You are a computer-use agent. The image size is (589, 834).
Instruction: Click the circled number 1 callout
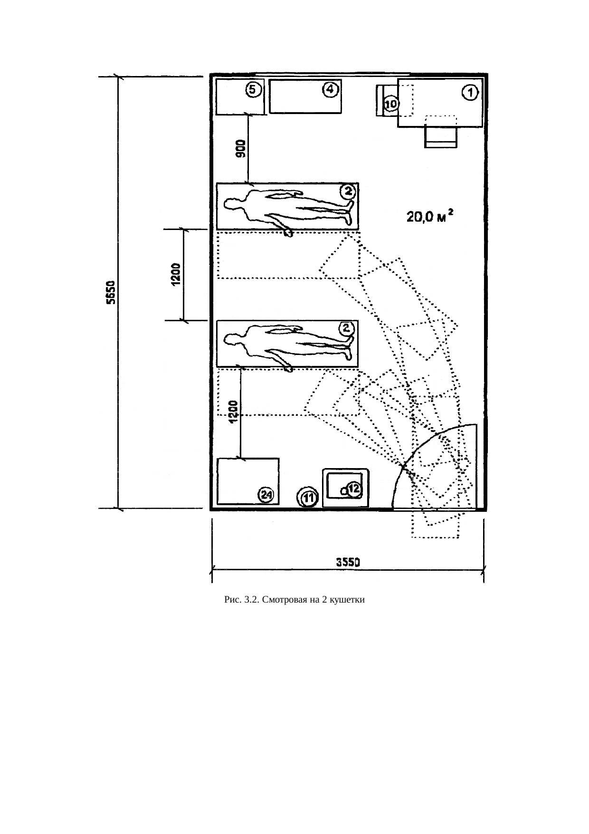470,93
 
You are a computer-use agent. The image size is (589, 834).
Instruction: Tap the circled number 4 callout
331,89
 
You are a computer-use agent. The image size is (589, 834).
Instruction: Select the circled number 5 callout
253,89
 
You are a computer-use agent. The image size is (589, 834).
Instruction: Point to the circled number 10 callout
391,103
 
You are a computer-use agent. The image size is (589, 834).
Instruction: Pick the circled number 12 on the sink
354,489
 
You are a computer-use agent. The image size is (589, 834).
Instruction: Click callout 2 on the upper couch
348,191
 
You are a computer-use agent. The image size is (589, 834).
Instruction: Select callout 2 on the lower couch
347,327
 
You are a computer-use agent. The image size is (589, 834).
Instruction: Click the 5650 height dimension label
110,294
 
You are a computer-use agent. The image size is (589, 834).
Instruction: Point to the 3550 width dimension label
348,562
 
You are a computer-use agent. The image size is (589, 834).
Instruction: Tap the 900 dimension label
241,149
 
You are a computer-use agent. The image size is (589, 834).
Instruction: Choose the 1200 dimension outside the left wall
175,274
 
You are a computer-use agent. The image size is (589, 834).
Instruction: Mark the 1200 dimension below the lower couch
233,411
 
